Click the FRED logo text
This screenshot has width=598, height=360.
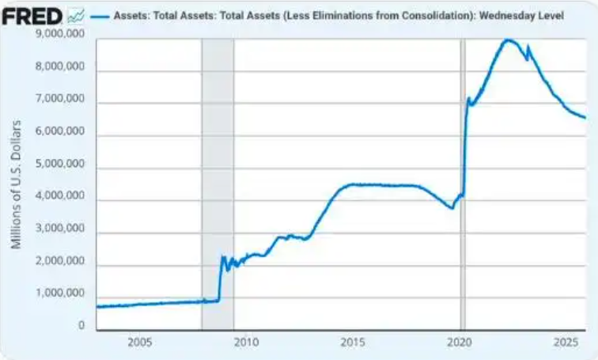pyautogui.click(x=32, y=15)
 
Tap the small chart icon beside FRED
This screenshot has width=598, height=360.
pyautogui.click(x=77, y=15)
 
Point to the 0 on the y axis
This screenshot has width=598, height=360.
pyautogui.click(x=81, y=324)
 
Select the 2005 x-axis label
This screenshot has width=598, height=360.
pyautogui.click(x=138, y=343)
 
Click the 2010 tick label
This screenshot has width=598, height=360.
pyautogui.click(x=245, y=343)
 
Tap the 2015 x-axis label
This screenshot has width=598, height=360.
pyautogui.click(x=352, y=343)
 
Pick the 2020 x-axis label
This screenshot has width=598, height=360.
pyautogui.click(x=459, y=343)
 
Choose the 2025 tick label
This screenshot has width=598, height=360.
pyautogui.click(x=565, y=343)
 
